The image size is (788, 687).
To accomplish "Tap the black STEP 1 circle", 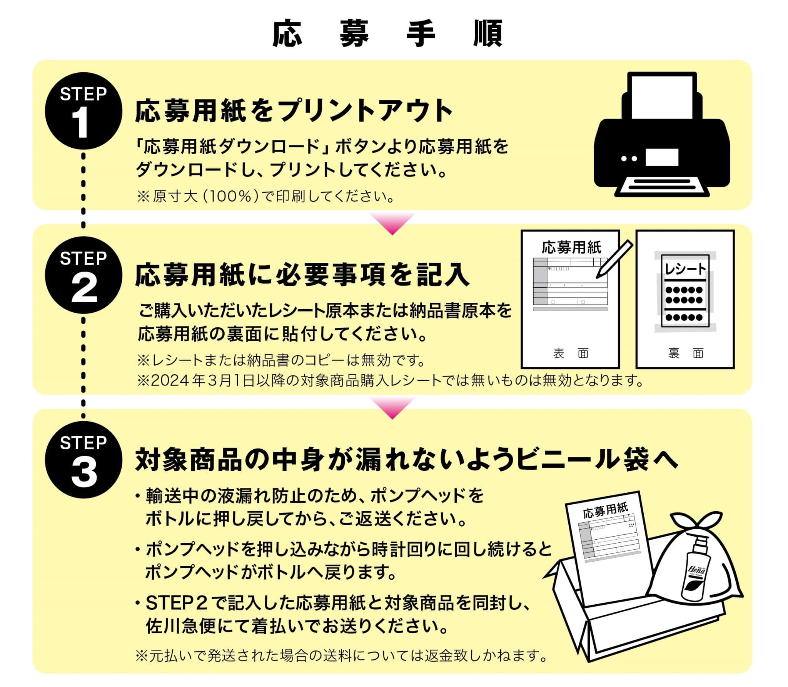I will pyautogui.click(x=83, y=111).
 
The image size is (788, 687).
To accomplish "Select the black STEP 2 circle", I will pyautogui.click(x=83, y=275).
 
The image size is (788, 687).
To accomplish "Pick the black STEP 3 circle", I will pyautogui.click(x=83, y=460).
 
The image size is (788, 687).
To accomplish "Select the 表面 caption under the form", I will pyautogui.click(x=571, y=353).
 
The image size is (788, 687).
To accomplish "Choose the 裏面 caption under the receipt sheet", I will pyautogui.click(x=686, y=353).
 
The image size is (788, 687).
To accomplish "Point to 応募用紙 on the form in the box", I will pyautogui.click(x=605, y=510).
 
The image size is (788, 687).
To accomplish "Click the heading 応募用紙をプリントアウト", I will pyautogui.click(x=294, y=111).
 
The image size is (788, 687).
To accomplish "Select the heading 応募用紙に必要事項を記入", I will pyautogui.click(x=302, y=275).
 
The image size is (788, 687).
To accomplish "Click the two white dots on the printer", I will pyautogui.click(x=629, y=158).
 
